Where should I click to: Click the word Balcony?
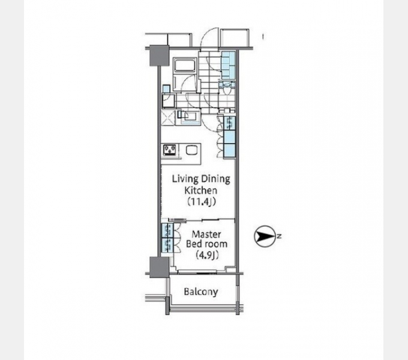coord(200,292)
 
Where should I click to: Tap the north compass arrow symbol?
coord(265,236)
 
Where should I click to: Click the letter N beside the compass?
coord(279,236)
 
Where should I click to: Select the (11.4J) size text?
coord(202,202)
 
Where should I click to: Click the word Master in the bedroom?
coord(206,234)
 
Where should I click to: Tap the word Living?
coord(185,179)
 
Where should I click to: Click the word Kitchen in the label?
coord(200,190)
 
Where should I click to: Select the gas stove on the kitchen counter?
coord(170,151)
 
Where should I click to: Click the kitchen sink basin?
coord(192,151)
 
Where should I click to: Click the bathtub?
coord(185,65)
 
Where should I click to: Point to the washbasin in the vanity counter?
coord(190,116)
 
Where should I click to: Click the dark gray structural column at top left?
coord(159,56)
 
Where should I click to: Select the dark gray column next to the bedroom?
coord(159,267)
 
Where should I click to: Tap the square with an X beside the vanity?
coord(168,118)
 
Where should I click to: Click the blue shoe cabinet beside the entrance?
coord(229,65)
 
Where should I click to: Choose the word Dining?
coord(215,179)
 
